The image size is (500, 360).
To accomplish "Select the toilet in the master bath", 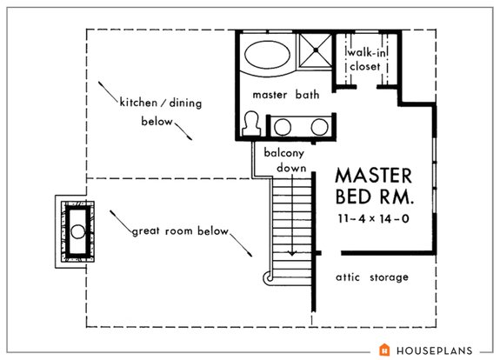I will [252, 123].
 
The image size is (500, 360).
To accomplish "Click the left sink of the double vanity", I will [283, 128].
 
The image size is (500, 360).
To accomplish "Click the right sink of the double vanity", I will [318, 128].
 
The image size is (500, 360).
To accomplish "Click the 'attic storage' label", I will [371, 277].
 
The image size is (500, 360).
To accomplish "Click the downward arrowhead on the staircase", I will [292, 253].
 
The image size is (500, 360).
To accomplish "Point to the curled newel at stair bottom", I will [268, 278].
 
